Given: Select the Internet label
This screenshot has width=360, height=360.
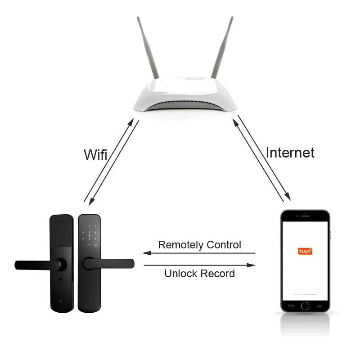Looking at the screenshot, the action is tap(290, 153).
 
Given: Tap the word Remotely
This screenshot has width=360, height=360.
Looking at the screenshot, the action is tap(180, 245).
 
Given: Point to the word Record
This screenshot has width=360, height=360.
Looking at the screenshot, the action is tap(218, 273).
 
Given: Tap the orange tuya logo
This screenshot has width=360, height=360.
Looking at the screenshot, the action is tap(305, 251).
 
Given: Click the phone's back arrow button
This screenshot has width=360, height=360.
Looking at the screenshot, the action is tap(291, 306).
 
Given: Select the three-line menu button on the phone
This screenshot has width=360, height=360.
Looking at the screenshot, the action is tap(319, 306).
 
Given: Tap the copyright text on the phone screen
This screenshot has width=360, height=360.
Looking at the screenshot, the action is tap(305, 294).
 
